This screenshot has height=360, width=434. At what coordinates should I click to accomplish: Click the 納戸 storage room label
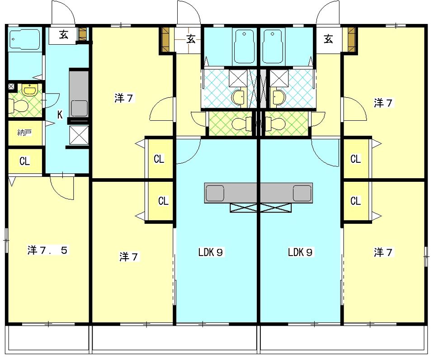[24, 133]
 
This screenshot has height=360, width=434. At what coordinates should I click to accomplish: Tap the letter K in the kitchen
[60, 114]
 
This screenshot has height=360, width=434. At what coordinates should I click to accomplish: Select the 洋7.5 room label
[47, 251]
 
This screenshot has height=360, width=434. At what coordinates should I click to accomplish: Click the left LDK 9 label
[211, 252]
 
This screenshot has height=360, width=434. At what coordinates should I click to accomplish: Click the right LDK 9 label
[300, 252]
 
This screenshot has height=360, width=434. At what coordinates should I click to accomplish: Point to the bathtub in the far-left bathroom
[24, 40]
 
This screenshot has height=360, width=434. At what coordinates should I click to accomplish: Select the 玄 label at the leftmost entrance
[63, 35]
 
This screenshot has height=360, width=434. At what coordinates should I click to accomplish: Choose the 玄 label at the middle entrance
[191, 39]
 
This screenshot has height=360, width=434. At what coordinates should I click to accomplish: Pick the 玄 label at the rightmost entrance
[328, 39]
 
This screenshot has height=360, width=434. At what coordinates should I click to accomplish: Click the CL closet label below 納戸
[24, 161]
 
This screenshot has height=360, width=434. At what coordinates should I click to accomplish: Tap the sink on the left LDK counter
[215, 193]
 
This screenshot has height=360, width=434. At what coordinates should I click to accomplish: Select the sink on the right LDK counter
[302, 193]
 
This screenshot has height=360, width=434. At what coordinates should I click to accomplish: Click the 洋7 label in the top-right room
[383, 103]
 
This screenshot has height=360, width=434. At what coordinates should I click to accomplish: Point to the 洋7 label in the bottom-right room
[383, 252]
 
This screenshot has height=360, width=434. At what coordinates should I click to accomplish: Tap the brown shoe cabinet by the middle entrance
[165, 39]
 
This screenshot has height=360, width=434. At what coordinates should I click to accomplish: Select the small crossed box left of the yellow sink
[11, 86]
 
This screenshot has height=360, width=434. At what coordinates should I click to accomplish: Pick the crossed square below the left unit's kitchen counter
[79, 135]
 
